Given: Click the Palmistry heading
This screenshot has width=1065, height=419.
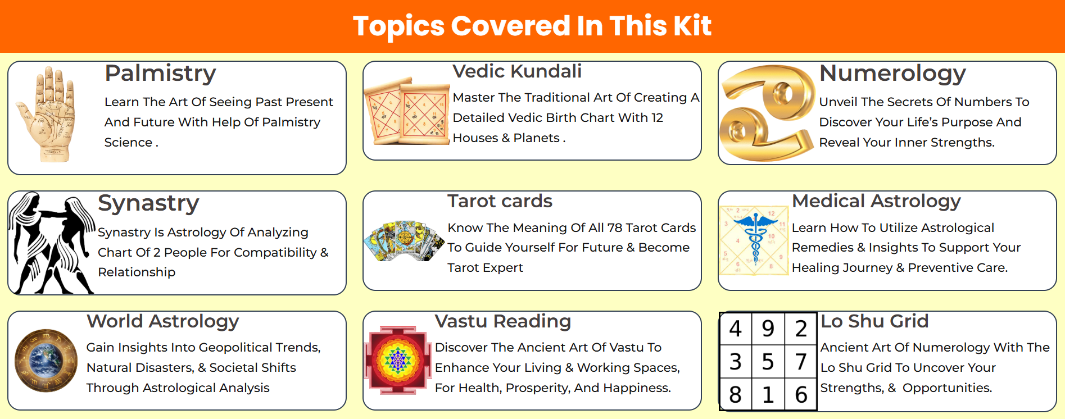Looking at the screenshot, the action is pos(160,74).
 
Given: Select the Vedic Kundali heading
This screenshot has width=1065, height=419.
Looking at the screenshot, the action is pos(517,71).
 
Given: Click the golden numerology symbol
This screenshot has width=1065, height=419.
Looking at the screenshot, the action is pos(767,113).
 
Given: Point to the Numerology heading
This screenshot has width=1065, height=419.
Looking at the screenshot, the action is pos(892,73).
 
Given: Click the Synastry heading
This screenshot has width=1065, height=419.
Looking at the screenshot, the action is pos(148,203).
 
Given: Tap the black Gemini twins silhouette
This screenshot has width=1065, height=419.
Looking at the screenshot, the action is pos(52,243).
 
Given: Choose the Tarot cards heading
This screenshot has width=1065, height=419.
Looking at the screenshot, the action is pos(500,201).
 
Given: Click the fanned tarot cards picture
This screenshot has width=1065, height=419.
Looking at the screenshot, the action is pos(404,240).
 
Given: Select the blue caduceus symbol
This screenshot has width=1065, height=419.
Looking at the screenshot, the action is pos(755,236).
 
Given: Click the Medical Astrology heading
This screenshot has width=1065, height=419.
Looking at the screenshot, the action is pos(876,201).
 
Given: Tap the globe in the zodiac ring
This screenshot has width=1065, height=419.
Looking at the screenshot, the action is pos(46,360).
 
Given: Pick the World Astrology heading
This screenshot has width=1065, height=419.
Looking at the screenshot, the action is pos(162,321).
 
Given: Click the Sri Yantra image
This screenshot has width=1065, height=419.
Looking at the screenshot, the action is pos(398,360).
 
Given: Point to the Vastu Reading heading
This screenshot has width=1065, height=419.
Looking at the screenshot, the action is pos(502,321).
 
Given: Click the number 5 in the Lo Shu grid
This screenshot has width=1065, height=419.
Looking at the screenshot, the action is pos(768,362).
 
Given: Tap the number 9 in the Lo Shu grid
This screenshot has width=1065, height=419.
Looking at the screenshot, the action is pos(768,329).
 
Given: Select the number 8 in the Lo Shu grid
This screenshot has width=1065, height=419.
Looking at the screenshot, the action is pos(735,395).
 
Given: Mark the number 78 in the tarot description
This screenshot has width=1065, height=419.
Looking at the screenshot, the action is pos(615,227).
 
